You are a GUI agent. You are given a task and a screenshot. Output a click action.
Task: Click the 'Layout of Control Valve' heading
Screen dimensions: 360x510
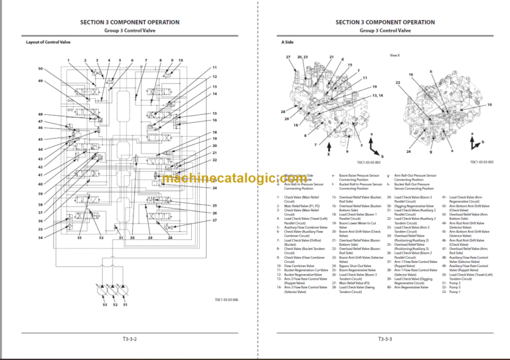(x=48, y=43)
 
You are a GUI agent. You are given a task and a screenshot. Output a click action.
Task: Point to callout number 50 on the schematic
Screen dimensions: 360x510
(x=41, y=68)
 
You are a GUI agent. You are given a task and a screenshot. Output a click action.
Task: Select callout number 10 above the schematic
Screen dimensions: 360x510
(x=181, y=60)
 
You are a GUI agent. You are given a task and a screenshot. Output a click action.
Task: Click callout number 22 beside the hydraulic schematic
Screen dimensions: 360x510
(x=214, y=160)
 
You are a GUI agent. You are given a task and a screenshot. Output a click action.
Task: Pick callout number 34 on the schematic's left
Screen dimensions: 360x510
(x=41, y=237)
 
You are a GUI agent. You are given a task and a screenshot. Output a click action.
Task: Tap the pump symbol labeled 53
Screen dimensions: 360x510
(x=105, y=292)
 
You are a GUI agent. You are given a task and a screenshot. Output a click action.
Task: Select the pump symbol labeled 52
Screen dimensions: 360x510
(x=115, y=292)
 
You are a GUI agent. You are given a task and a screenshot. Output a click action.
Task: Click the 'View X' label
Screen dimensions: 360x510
(x=394, y=55)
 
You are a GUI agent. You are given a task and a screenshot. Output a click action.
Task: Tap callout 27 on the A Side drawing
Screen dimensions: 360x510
(x=289, y=58)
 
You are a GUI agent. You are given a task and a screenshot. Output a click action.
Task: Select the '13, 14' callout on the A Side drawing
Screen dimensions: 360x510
(x=377, y=96)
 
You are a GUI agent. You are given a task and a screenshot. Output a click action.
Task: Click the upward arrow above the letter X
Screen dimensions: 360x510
(x=328, y=147)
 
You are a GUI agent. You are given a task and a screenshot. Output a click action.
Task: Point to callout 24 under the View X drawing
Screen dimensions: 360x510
(x=408, y=152)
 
